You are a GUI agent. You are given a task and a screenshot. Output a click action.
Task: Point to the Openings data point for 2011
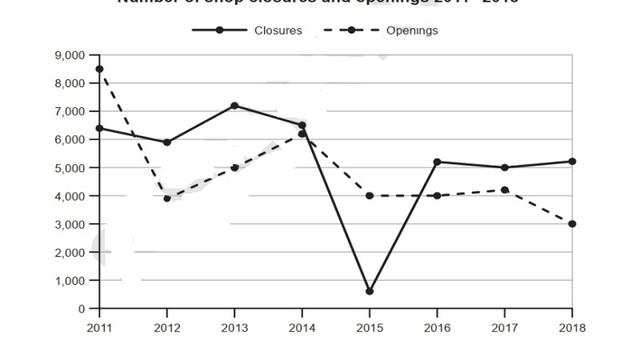coord(99,69)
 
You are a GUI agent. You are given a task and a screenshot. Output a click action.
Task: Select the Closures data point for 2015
coord(369,292)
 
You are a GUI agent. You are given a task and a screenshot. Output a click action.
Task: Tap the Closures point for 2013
coord(234,105)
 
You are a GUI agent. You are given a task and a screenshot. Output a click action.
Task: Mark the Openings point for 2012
coord(167,198)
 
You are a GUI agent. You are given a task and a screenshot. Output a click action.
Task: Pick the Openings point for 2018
coord(572,224)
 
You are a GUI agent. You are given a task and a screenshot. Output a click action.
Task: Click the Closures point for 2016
coord(437,162)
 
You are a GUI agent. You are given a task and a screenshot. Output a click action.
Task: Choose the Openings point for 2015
coord(369,196)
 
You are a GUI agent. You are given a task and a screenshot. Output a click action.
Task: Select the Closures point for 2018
coord(572,161)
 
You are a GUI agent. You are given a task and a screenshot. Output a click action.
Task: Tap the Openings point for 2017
coord(504,190)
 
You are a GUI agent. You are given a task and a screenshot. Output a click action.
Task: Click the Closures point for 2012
coord(167,142)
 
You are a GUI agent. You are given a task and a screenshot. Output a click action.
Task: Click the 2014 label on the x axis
coord(302,327)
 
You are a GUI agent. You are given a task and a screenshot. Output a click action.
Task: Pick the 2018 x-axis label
coord(572,327)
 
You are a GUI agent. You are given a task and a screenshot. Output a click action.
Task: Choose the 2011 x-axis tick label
coord(99,327)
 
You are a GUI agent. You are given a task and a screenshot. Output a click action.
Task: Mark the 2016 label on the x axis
coord(437,327)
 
